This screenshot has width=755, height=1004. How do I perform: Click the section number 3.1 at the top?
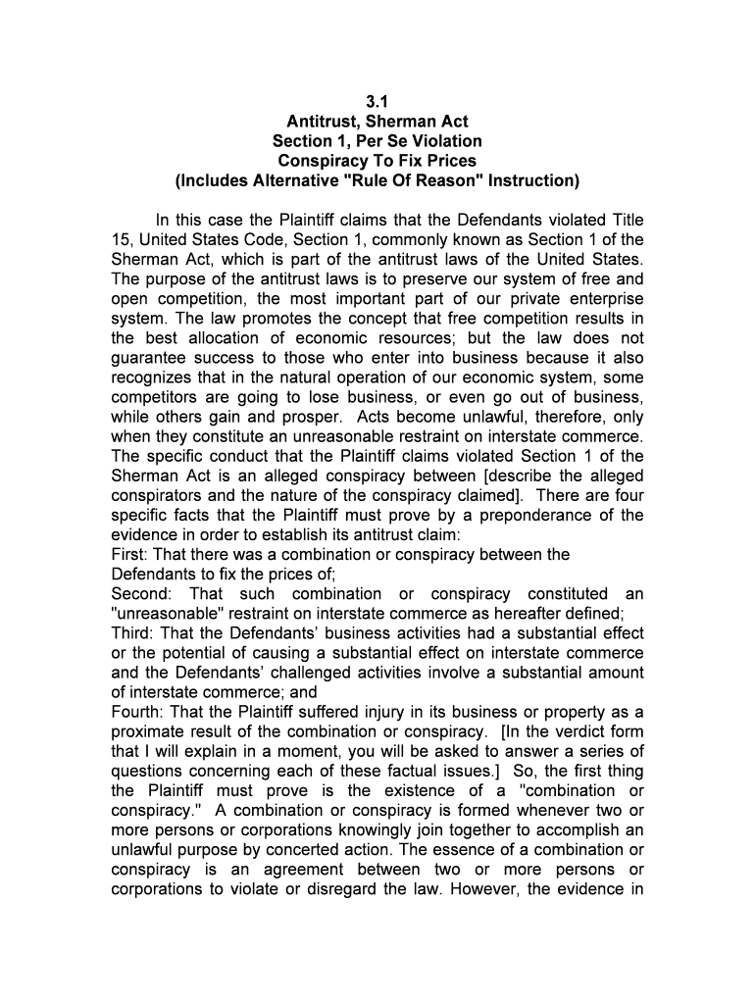377,102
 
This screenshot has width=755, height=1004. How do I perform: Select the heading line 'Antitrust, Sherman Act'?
377,122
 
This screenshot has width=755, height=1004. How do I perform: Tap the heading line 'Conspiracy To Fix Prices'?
377,161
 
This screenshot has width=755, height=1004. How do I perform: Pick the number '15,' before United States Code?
125,240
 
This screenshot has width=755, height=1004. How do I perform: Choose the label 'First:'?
132,555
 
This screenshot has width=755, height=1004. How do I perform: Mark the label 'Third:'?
132,633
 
